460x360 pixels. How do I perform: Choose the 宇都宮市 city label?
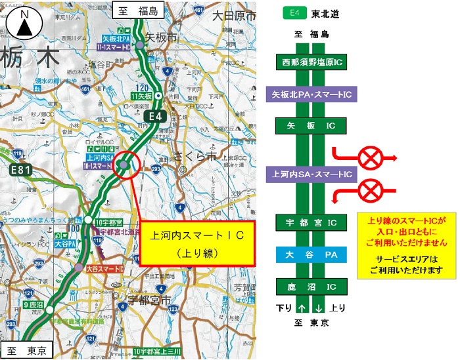tap(147, 302)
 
